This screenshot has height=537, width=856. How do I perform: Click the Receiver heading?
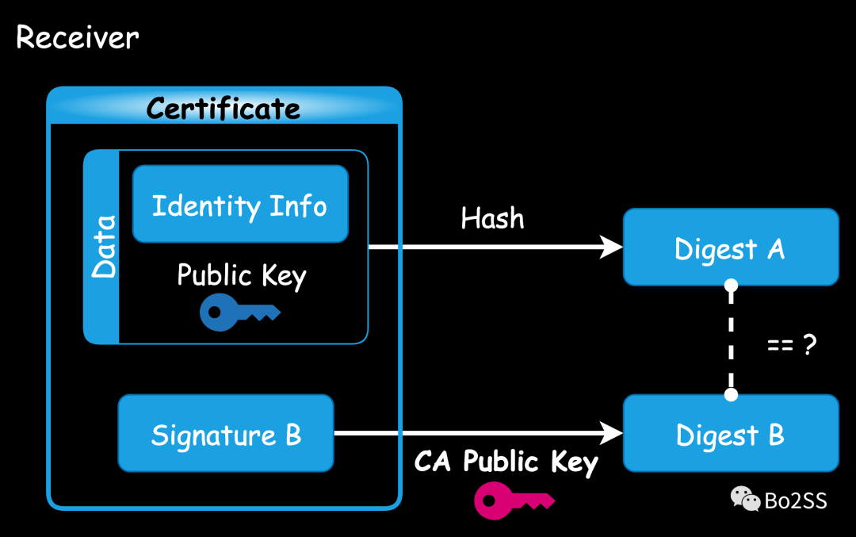click(x=78, y=37)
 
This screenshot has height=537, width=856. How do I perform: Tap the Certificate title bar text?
click(x=224, y=108)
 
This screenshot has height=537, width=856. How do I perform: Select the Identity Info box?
click(x=239, y=205)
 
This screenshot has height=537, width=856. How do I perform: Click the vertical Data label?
click(x=103, y=246)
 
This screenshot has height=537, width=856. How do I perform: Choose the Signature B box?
click(x=226, y=435)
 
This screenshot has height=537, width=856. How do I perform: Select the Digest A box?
click(x=730, y=247)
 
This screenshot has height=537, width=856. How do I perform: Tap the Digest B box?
click(x=730, y=434)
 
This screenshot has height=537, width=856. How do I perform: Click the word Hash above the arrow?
click(x=492, y=218)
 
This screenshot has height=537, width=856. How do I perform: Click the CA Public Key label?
click(x=506, y=461)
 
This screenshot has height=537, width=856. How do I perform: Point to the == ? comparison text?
click(x=791, y=345)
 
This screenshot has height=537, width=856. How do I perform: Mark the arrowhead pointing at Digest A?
click(x=611, y=247)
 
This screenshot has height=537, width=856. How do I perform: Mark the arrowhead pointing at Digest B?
click(x=611, y=433)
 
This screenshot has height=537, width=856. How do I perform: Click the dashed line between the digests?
click(x=731, y=339)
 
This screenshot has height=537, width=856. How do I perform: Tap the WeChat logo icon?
click(x=744, y=499)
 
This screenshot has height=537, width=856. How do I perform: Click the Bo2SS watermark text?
click(x=795, y=501)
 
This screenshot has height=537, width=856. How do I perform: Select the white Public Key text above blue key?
click(x=241, y=275)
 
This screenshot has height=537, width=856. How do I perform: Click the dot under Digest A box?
click(x=731, y=285)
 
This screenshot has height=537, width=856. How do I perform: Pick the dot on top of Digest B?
click(x=731, y=394)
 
